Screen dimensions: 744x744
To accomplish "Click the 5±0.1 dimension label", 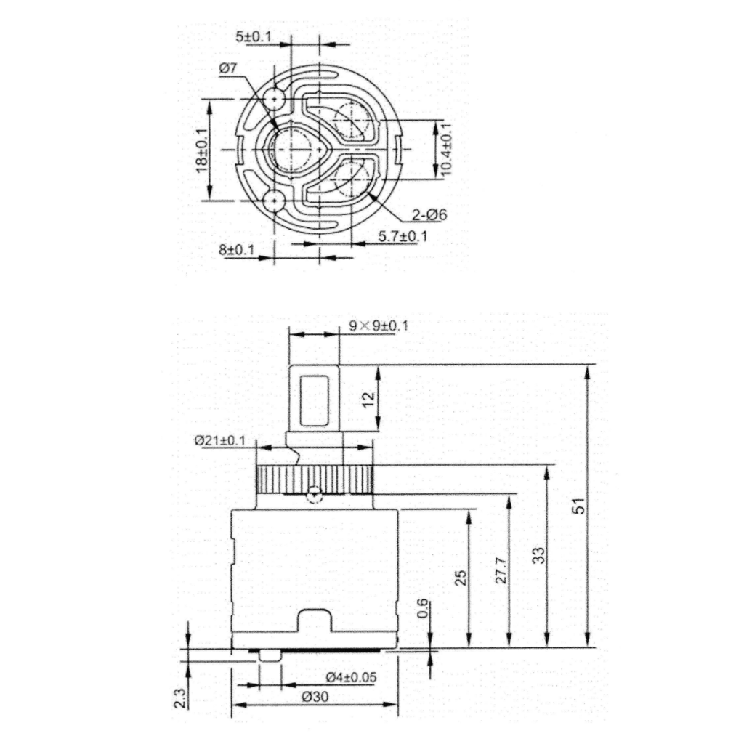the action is pyautogui.click(x=254, y=36).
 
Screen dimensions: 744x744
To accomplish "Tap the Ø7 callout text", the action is pyautogui.click(x=227, y=68).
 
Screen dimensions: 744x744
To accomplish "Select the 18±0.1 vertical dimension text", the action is pyautogui.click(x=201, y=150).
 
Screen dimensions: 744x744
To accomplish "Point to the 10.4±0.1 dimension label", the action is pyautogui.click(x=445, y=149).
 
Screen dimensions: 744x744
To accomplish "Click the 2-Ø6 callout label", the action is pyautogui.click(x=429, y=215).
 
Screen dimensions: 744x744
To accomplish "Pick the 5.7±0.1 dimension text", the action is pyautogui.click(x=403, y=236).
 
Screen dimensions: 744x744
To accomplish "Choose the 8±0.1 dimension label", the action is pyautogui.click(x=237, y=250).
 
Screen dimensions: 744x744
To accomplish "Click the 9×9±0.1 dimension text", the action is pyautogui.click(x=378, y=326).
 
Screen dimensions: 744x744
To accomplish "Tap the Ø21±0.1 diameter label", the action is pyautogui.click(x=219, y=441).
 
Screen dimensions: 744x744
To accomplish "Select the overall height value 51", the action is pyautogui.click(x=579, y=506).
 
